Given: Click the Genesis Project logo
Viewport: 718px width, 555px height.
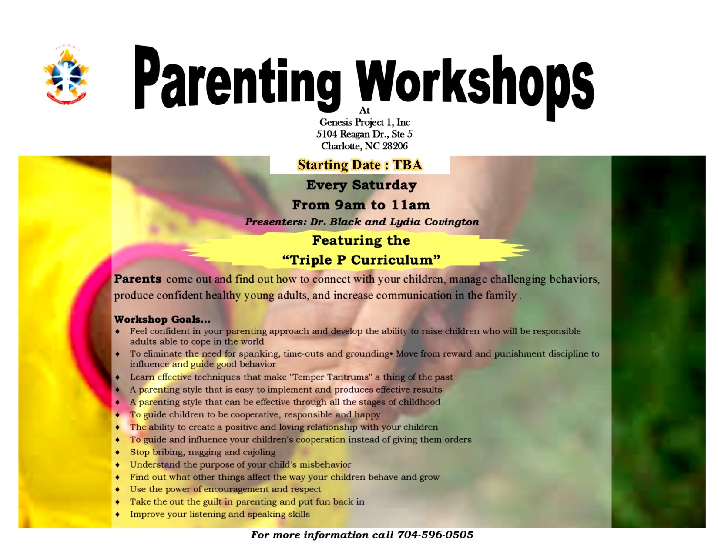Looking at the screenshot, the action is pos(66,76).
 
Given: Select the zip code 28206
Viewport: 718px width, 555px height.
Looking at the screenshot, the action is pos(395,146).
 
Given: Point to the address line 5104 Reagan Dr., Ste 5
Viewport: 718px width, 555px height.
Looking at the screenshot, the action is pos(364,134).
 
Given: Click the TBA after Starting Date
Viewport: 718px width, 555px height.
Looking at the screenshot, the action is pos(407,165).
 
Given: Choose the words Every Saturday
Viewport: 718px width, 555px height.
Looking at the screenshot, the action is pos(361,185).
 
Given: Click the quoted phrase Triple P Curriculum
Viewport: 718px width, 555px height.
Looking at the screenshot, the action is pos(361,260).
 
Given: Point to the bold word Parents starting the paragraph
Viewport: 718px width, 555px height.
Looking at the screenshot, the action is pos(138,279).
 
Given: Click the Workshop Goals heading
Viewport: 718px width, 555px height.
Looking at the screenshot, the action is pos(162,320).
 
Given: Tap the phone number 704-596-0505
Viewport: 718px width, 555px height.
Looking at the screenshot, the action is pos(435,535).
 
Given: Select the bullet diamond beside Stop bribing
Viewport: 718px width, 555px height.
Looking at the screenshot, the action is pos(117,452).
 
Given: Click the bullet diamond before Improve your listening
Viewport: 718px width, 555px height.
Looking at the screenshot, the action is pos(117,515).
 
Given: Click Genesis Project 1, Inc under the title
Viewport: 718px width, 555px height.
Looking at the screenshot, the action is pos(365,122).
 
